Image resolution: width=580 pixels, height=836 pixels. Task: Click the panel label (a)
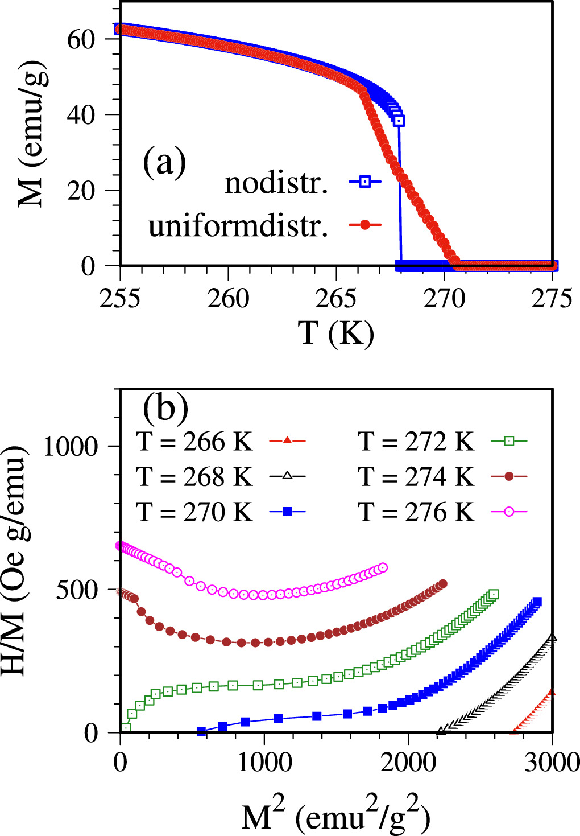click(164, 163)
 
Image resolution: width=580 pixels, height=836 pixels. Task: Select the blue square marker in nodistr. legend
click(364, 182)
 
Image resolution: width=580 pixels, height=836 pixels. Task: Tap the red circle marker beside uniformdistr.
click(364, 225)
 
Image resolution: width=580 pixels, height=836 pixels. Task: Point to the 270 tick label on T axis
click(444, 298)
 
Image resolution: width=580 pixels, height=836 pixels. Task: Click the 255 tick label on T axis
click(120, 298)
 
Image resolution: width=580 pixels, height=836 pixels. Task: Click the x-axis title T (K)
click(336, 332)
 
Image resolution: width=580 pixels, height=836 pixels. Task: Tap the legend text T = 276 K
click(416, 512)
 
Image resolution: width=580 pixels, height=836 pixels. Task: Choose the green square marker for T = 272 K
click(509, 441)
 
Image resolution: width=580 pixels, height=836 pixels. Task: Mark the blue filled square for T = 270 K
click(288, 512)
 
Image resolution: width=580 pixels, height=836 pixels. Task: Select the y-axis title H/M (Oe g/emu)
click(16, 561)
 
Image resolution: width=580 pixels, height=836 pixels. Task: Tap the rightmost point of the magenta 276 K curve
click(383, 567)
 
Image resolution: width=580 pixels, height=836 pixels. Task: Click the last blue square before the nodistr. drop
click(399, 121)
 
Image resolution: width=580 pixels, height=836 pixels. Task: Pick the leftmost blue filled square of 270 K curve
click(201, 731)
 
